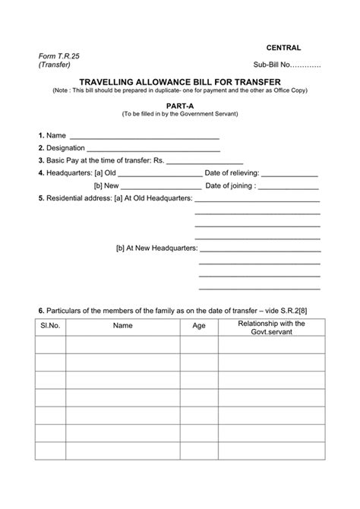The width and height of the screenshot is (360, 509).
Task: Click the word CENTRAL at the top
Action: point(283,47)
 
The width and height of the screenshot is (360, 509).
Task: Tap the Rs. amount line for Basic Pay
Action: point(204,161)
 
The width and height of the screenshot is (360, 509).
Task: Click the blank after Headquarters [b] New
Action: point(161,185)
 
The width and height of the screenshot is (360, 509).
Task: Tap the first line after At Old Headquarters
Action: point(257,199)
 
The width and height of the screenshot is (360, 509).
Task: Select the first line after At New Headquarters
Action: point(260,248)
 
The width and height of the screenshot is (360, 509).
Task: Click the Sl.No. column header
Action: point(50,326)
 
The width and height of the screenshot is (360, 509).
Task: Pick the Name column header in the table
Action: point(123,326)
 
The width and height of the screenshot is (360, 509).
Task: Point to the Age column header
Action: point(199,326)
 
